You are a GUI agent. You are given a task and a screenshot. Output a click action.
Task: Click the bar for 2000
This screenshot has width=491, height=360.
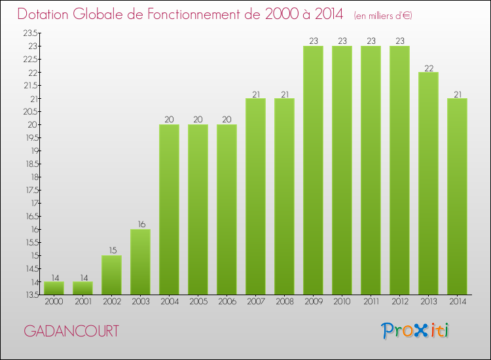point(54,288)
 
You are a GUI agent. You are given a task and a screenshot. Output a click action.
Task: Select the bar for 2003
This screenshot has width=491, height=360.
point(140,262)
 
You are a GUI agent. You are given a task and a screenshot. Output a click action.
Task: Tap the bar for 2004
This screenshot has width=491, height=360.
point(169,209)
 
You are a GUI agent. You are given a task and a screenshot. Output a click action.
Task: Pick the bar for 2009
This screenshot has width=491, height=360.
point(313,170)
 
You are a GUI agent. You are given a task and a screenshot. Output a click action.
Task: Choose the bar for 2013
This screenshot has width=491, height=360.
point(428,183)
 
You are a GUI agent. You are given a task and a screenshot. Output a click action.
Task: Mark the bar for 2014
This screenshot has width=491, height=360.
point(457,196)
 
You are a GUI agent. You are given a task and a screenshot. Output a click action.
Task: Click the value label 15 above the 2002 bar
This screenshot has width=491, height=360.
point(111,250)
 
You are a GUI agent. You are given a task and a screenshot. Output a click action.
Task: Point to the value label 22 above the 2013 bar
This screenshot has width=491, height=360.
point(428,67)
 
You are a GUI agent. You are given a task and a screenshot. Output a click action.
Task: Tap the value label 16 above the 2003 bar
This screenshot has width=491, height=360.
point(140,224)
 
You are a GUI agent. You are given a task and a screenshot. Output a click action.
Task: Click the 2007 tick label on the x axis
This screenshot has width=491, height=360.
point(255,302)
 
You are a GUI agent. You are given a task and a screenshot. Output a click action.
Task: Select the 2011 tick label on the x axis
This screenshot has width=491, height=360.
point(371,302)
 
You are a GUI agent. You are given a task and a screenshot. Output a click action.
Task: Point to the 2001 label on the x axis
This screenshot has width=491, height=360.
point(82,302)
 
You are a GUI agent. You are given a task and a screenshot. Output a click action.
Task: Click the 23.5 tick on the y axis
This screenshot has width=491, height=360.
point(31,33)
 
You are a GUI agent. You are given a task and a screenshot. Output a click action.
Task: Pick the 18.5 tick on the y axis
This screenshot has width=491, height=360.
point(31,164)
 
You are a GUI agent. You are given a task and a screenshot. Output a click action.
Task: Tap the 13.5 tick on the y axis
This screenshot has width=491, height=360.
point(31,295)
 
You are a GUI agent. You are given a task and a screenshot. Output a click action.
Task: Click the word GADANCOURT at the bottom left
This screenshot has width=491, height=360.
point(71,331)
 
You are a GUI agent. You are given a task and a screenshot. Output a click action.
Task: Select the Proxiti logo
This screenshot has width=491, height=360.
point(416,331)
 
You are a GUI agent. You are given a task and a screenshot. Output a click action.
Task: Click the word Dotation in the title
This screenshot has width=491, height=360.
point(46,14)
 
